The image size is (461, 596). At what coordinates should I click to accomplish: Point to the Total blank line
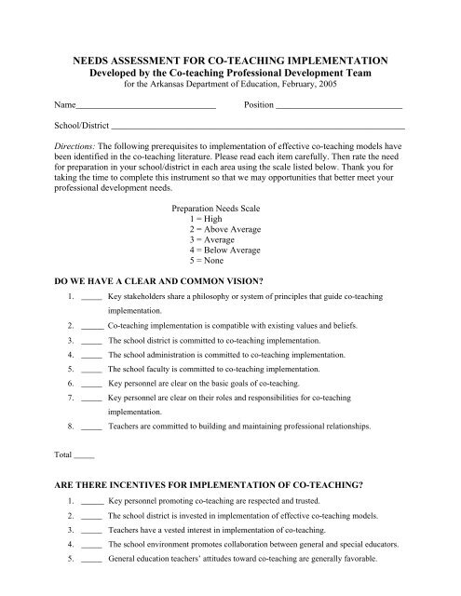point(83,456)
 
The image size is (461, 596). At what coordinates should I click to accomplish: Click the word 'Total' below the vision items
point(62,454)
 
